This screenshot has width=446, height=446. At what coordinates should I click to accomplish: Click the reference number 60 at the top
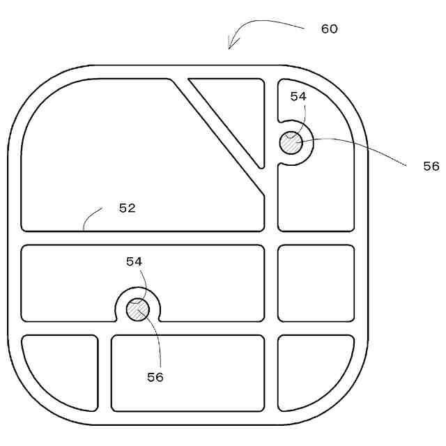pos(329,29)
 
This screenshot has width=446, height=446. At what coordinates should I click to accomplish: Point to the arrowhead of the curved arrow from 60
pos(231,47)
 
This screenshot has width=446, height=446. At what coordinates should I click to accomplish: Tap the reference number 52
pos(127,208)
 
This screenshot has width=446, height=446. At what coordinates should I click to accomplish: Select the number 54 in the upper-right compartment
pos(298,97)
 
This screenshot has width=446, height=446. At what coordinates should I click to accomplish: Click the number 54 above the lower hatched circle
pos(134,261)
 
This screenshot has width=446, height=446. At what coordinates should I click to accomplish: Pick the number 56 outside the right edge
pos(431,166)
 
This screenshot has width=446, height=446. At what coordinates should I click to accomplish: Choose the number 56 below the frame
pos(155,376)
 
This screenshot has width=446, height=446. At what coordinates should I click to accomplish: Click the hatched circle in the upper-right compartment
pos(291,144)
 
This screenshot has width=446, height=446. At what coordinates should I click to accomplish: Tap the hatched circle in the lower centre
pos(137,309)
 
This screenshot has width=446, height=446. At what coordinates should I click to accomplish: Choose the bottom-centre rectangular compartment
pos(187,373)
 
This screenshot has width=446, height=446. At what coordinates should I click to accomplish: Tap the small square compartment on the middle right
pos(316,283)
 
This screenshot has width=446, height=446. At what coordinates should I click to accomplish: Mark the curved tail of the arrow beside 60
pos(272,23)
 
